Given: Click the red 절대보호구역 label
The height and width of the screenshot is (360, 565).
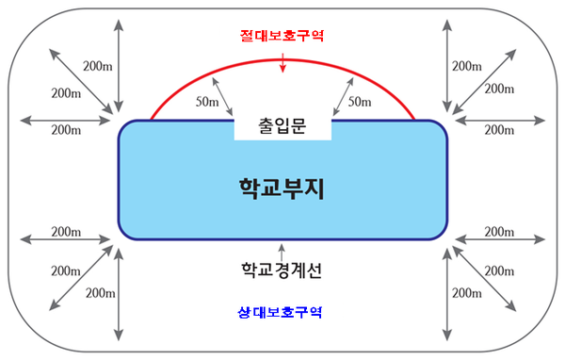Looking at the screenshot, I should [x=282, y=38].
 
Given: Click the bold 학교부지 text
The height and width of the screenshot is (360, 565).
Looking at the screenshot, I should [x=282, y=189].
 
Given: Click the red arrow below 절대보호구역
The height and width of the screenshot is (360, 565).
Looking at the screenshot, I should [x=282, y=61].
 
